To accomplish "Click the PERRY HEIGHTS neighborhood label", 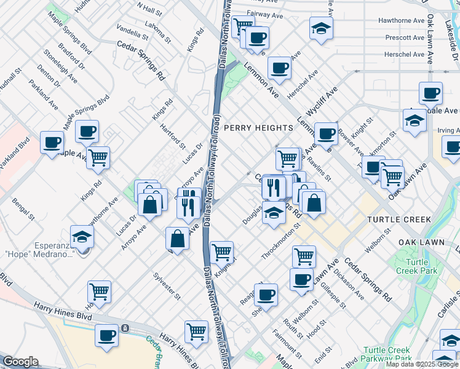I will tap(258, 127).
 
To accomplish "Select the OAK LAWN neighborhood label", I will tap(422, 242).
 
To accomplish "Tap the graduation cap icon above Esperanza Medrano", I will tap(82, 237).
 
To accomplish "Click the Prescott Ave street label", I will tap(401, 37).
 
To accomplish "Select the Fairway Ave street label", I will tap(268, 13).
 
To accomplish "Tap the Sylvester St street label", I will tap(167, 285).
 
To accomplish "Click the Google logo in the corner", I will tap(20, 362).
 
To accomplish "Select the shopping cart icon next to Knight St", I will tap(221, 251).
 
